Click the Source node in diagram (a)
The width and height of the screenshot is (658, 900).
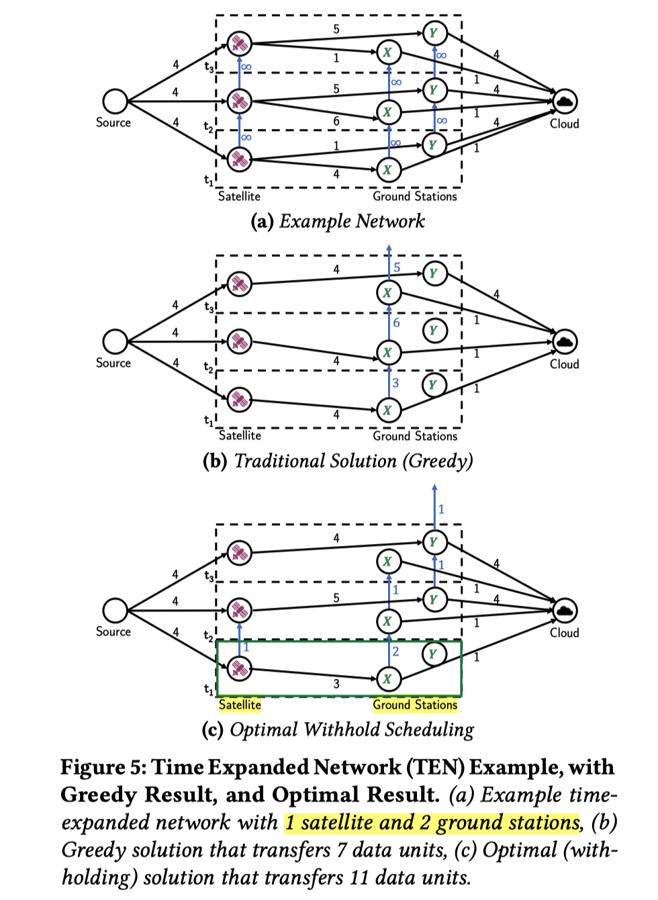115,101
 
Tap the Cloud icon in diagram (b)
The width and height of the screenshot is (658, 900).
565,341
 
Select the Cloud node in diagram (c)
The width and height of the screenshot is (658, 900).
565,610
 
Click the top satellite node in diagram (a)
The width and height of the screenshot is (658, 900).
239,44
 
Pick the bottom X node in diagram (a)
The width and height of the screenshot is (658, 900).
387,170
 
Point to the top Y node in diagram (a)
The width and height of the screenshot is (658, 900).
434,32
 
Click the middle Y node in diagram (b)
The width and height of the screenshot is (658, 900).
434,330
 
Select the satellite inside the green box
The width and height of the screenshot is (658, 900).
239,668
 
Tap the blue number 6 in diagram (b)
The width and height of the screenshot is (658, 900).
396,323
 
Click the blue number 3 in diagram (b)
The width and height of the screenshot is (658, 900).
395,383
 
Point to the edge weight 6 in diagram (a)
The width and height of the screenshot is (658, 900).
336,121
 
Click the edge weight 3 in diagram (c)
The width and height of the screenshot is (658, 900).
336,684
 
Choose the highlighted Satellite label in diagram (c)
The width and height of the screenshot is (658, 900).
240,705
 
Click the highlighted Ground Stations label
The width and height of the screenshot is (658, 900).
415,705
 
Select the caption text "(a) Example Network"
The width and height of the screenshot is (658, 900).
338,222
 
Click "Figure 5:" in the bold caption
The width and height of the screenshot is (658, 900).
103,767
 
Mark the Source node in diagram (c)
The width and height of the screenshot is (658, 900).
115,611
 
